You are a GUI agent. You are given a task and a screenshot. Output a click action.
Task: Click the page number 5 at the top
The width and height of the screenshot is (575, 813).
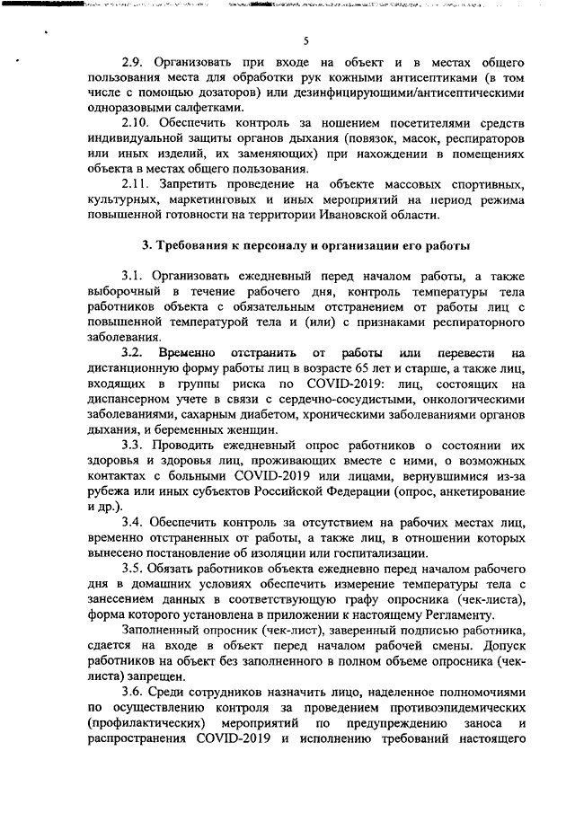coord(306,40)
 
